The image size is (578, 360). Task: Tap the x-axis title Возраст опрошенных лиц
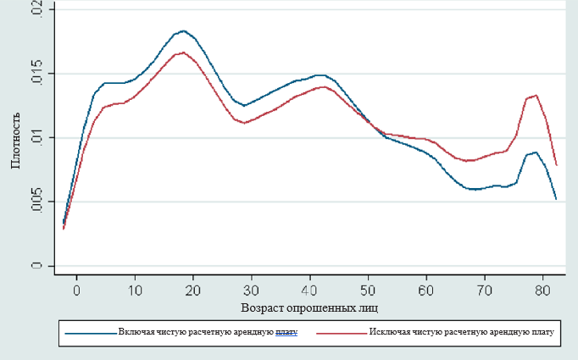point(310,306)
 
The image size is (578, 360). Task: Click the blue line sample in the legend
point(90,333)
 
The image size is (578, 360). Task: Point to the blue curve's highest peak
point(183,30)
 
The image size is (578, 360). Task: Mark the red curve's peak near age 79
point(536,96)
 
